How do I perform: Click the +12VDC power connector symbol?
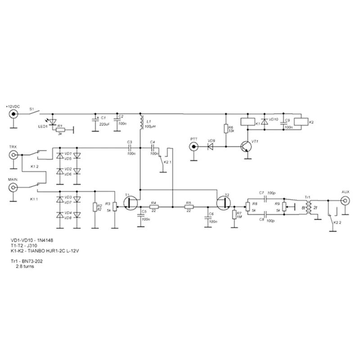pos(14,114)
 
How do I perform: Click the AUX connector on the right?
pos(345,200)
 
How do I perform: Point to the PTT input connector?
pos(194,147)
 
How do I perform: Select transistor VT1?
pos(246,147)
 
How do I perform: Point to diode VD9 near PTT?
pos(211,147)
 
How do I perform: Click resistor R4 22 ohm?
pos(153,207)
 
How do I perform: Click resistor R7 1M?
pos(234,215)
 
